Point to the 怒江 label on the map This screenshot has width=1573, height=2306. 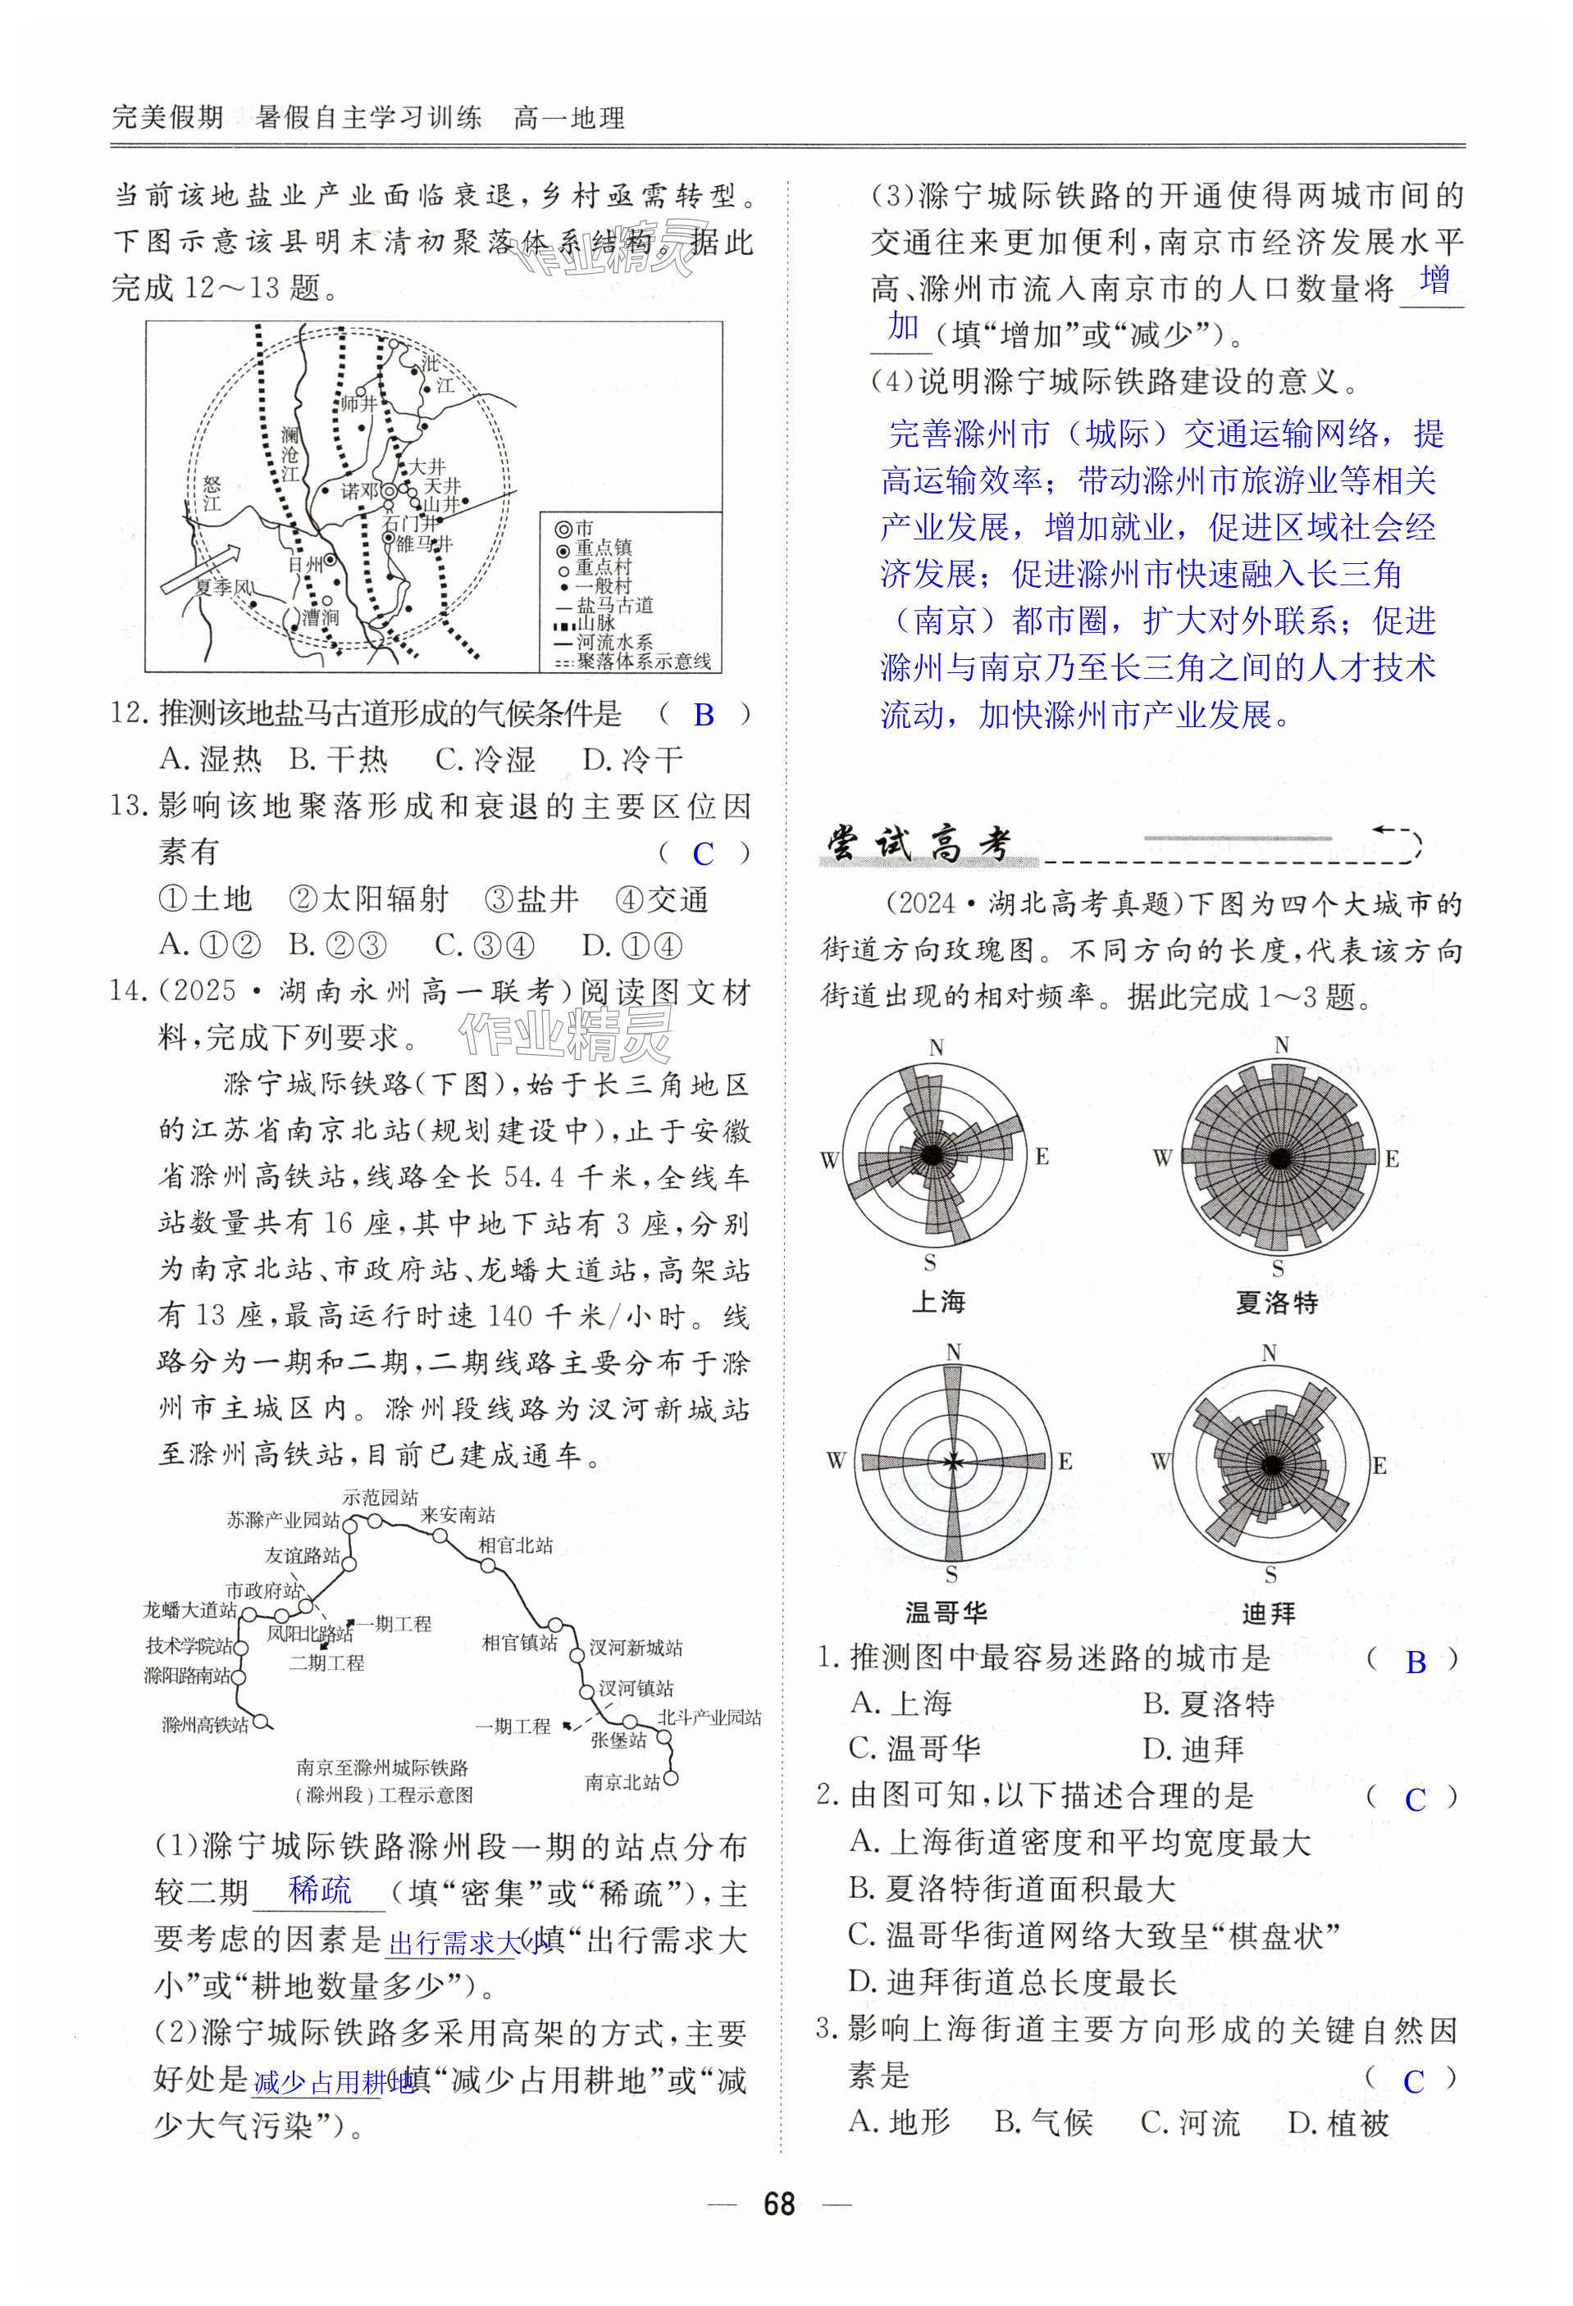pyautogui.click(x=212, y=493)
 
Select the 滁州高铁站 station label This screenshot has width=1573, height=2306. pyautogui.click(x=205, y=1725)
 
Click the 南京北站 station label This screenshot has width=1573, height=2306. pyautogui.click(x=622, y=1781)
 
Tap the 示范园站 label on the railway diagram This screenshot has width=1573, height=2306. pyautogui.click(x=380, y=1496)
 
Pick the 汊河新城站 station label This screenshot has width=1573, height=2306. pyautogui.click(x=636, y=1647)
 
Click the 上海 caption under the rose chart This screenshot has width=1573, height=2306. pyautogui.click(x=938, y=1301)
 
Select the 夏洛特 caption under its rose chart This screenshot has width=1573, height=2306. pyautogui.click(x=1276, y=1302)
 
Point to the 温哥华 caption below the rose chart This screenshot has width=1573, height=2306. pyautogui.click(x=946, y=1612)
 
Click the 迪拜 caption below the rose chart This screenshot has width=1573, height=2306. pyautogui.click(x=1270, y=1613)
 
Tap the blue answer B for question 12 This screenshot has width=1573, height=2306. pyautogui.click(x=704, y=714)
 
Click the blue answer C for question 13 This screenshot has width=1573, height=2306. pyautogui.click(x=703, y=853)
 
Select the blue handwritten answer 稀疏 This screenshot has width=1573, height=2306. pyautogui.click(x=320, y=1890)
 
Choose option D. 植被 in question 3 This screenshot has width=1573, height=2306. pyautogui.click(x=1338, y=2122)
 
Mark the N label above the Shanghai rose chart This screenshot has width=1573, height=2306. pyautogui.click(x=936, y=1048)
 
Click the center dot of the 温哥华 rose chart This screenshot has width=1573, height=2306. pyautogui.click(x=953, y=1462)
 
